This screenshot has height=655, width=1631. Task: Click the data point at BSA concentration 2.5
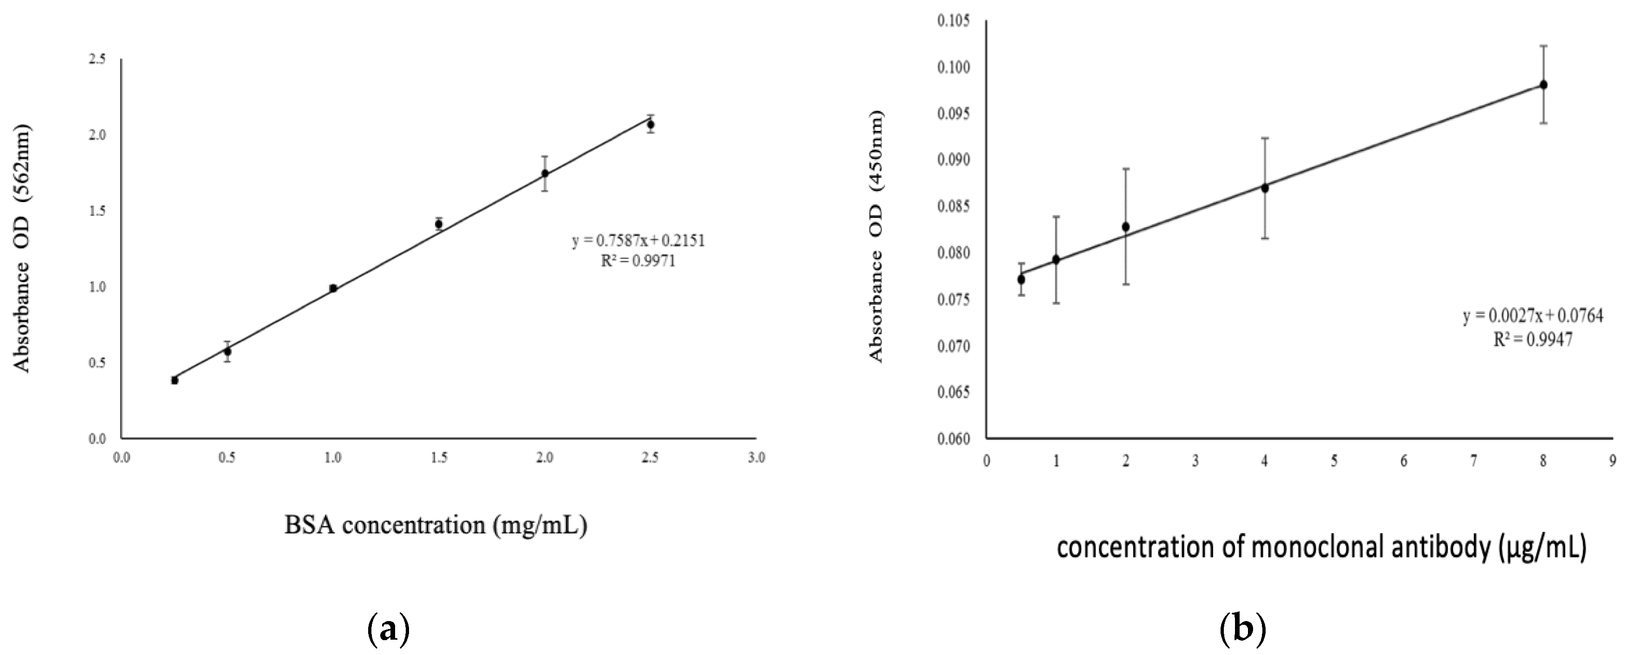(x=650, y=125)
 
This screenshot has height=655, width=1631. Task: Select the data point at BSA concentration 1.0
(x=333, y=288)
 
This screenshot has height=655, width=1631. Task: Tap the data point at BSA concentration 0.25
(x=175, y=380)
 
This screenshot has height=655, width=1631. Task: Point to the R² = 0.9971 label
(x=638, y=261)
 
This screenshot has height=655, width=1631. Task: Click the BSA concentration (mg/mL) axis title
(x=435, y=525)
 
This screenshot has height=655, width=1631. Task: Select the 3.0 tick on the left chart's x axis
(x=756, y=458)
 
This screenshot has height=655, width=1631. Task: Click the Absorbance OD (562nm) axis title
(x=22, y=249)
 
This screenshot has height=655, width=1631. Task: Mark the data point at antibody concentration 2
(x=1126, y=226)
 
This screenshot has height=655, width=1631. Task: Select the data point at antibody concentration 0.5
(x=1021, y=279)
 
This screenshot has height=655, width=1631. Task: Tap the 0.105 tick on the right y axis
(x=954, y=21)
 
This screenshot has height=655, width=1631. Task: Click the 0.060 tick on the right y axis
(x=954, y=439)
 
